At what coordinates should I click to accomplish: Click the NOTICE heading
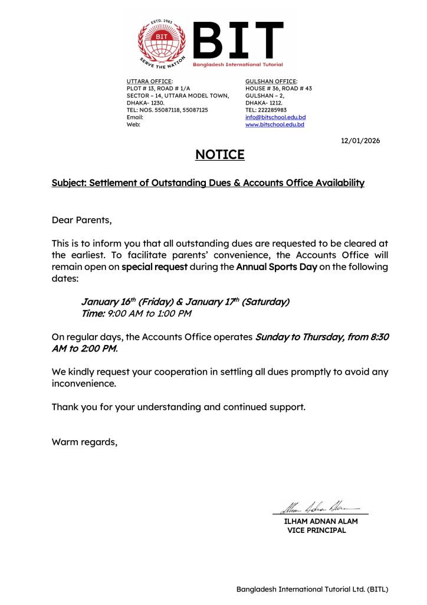point(219,155)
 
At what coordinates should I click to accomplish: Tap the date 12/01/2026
point(361,141)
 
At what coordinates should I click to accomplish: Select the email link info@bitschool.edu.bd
point(275,117)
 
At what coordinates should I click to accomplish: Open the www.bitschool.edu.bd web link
point(275,125)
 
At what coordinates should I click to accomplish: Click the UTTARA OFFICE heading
point(150,81)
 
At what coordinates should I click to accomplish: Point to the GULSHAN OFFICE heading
point(271,81)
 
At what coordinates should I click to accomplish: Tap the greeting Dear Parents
point(81,220)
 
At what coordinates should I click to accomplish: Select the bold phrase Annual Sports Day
point(276,267)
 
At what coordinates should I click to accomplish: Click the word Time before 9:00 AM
point(93,314)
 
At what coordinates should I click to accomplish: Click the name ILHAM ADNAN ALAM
point(321,522)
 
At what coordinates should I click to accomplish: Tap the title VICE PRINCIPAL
point(317,531)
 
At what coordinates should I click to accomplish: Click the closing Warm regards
point(84,441)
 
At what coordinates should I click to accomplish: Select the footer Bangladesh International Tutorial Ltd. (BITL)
point(313,589)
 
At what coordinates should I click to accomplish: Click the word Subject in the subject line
point(68,183)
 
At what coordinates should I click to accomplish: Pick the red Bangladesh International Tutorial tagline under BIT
point(238,64)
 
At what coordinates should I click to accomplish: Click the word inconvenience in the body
point(84,383)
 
